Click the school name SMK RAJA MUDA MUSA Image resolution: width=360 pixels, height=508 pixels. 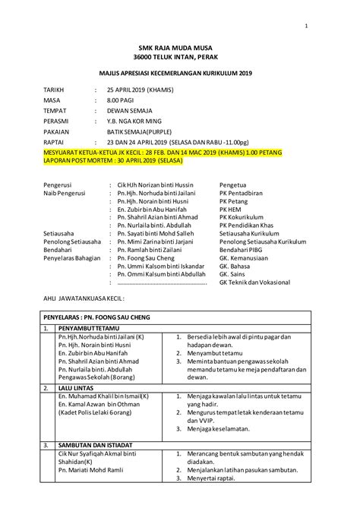(x=180, y=46)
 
